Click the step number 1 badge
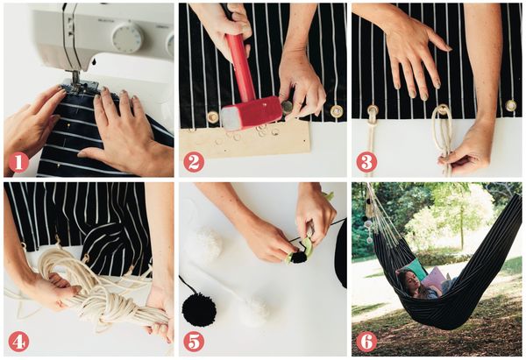tap(18, 162)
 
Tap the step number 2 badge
tap(194, 162)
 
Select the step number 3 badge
tap(366, 162)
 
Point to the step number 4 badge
tap(18, 341)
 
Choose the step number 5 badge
tap(194, 341)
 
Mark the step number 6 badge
tap(366, 341)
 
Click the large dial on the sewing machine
tap(127, 38)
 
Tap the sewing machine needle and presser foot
tap(76, 80)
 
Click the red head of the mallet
tap(252, 113)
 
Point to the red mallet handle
tap(240, 67)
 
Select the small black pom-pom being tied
tap(299, 258)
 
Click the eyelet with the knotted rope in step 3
tap(373, 109)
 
